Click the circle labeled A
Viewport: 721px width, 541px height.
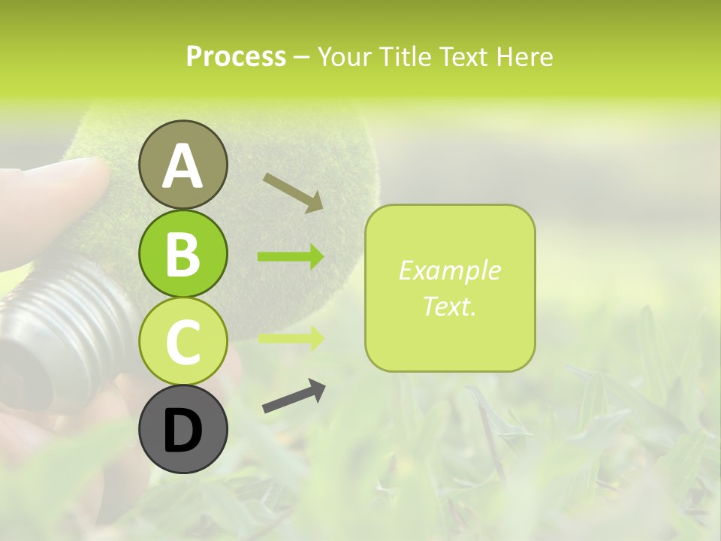tap(183, 165)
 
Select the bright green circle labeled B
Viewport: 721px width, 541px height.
tap(183, 253)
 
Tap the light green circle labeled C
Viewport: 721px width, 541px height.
tap(183, 342)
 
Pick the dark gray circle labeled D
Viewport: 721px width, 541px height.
tap(183, 430)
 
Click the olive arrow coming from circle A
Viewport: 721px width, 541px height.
tap(292, 192)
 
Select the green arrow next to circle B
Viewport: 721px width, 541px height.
tap(291, 257)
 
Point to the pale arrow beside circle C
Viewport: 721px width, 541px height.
tap(291, 337)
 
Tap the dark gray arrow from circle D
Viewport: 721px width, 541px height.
tap(294, 397)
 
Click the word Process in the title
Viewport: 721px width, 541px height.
tap(236, 56)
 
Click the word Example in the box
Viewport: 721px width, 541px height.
tap(449, 270)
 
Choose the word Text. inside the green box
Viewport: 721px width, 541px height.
tap(449, 306)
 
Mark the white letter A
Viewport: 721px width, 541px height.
tap(183, 166)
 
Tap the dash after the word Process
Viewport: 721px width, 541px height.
tap(301, 57)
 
